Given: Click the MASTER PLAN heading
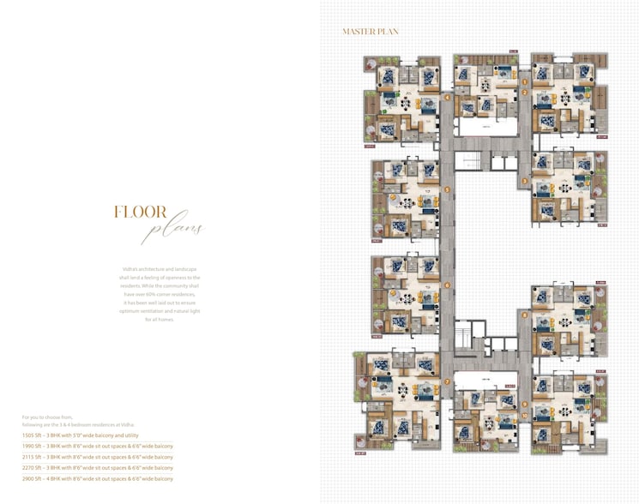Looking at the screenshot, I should coord(370,32).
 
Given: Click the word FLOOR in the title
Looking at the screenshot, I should coord(141,213).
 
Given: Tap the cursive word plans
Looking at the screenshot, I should coord(175,230).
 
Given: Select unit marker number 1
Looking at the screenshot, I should coord(524,82).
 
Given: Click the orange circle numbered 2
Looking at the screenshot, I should coord(524,93).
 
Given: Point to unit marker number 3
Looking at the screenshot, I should coord(524,182).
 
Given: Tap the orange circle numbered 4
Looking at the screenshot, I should coord(447,98).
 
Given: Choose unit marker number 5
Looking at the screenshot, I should coord(447,189).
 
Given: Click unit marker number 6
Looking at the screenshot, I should coord(447,285).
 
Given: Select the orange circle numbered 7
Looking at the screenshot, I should coord(447,381).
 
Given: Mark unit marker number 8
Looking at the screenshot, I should coord(524,315).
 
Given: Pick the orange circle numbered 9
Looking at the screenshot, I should coord(524,404).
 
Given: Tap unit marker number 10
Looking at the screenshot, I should coord(524,415).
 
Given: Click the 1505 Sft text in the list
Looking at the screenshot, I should coord(36,435).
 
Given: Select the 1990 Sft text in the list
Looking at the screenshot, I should coord(36,447).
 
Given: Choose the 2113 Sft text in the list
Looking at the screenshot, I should coord(36,458).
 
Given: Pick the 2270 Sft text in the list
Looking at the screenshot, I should coord(36,469).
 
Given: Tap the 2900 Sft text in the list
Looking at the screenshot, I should coord(36,480).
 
